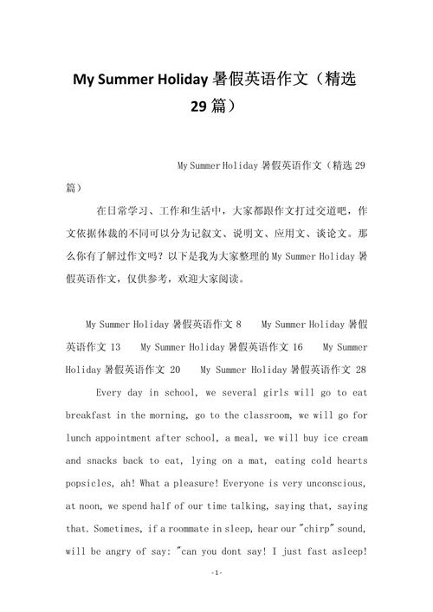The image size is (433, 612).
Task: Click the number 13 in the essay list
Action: coord(115,346)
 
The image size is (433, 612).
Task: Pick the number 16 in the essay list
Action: coord(297,346)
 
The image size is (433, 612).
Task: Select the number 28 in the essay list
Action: coord(359,369)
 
